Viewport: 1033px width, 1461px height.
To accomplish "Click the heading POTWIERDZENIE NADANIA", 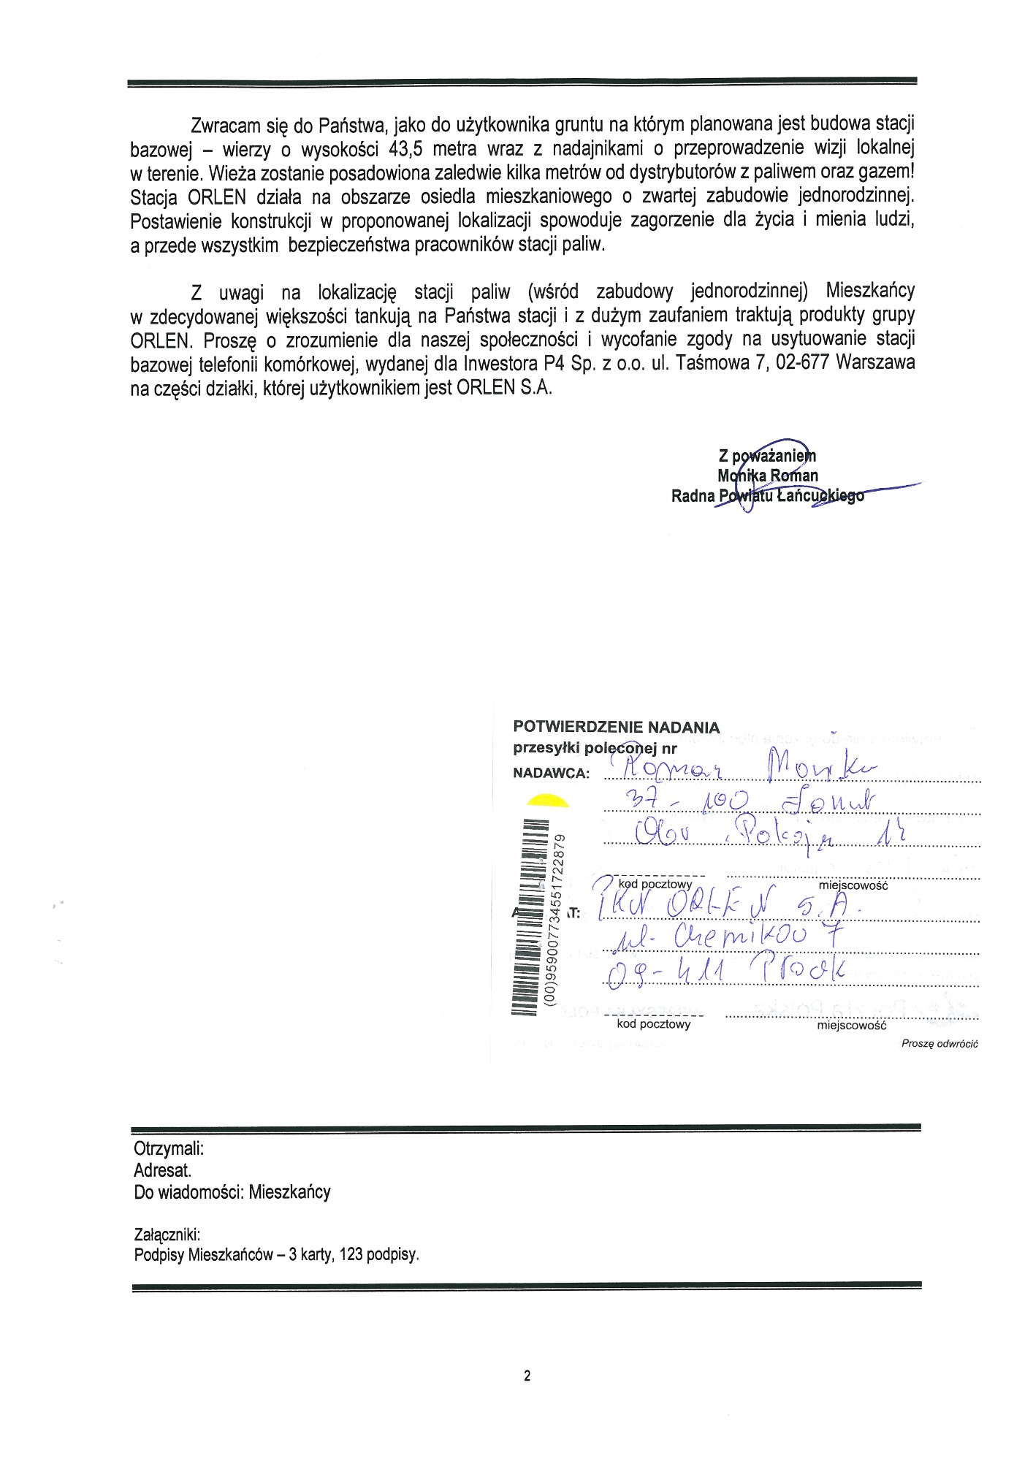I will pos(616,727).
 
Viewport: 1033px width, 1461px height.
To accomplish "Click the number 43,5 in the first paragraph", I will pos(408,150).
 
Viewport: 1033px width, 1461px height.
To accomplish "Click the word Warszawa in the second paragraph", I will pos(876,363).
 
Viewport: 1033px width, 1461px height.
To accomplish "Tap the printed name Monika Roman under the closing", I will pos(768,476).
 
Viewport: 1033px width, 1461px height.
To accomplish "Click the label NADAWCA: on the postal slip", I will pos(551,773).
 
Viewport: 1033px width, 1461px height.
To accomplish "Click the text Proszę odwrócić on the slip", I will pos(939,1044).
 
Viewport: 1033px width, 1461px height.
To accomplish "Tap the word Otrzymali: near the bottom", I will pos(169,1148).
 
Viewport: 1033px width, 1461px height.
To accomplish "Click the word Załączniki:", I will pos(167,1235).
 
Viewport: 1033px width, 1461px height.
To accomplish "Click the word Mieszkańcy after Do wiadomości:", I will pos(289,1192).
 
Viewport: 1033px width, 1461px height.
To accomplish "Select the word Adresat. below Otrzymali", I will pos(162,1170).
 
